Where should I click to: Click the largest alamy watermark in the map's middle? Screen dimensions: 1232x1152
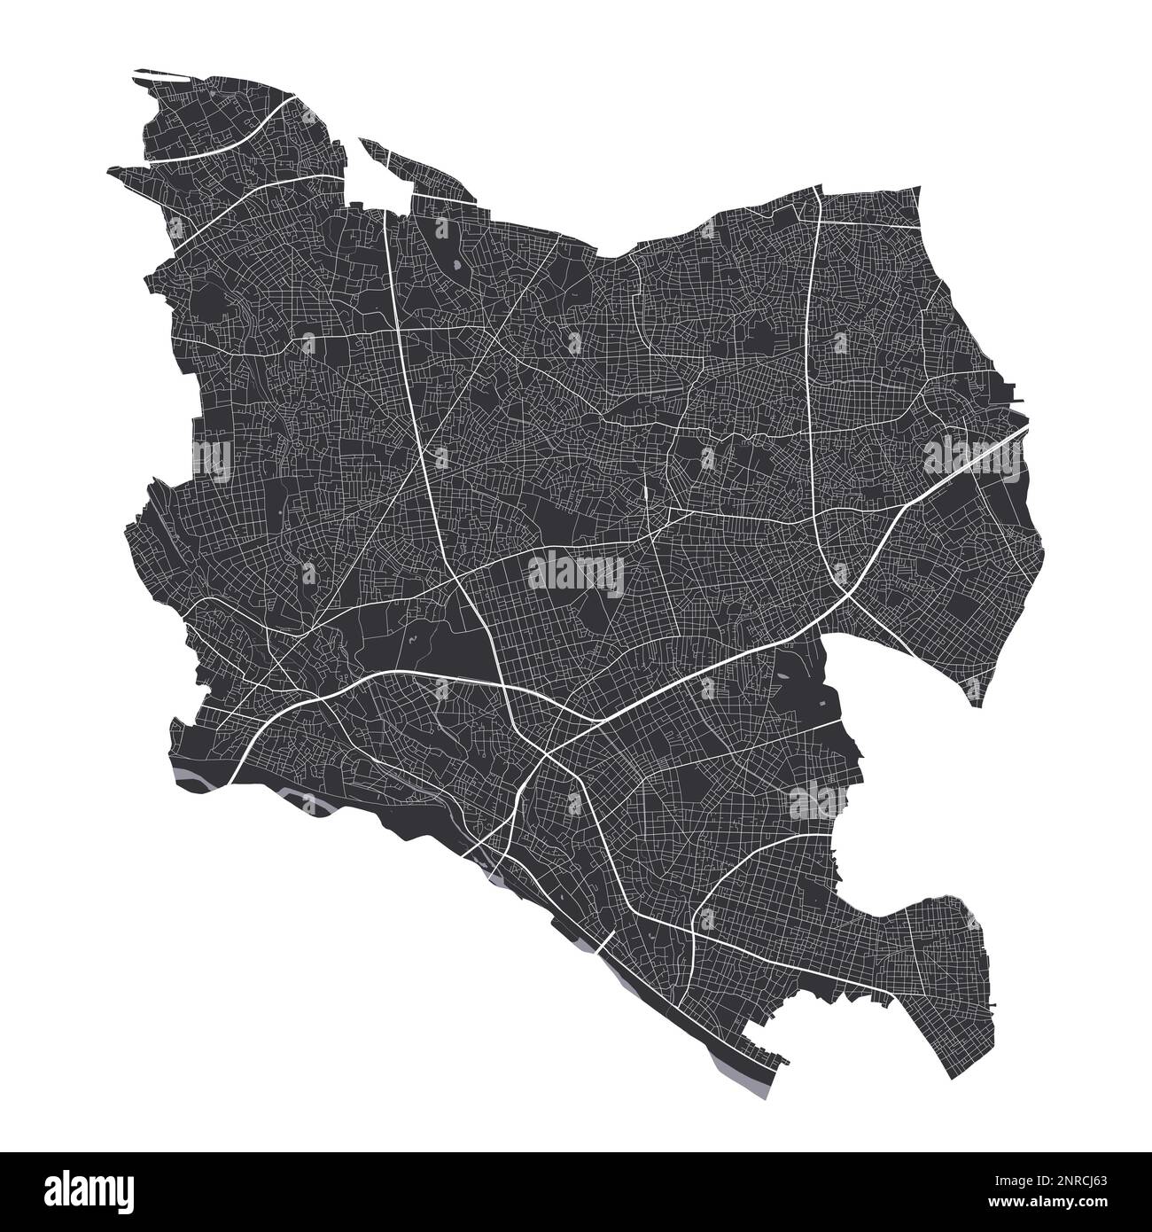[575, 574]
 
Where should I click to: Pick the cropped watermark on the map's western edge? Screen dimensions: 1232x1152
[213, 456]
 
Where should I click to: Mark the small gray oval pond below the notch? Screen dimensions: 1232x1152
[456, 265]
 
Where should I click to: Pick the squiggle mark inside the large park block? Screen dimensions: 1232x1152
[413, 639]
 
